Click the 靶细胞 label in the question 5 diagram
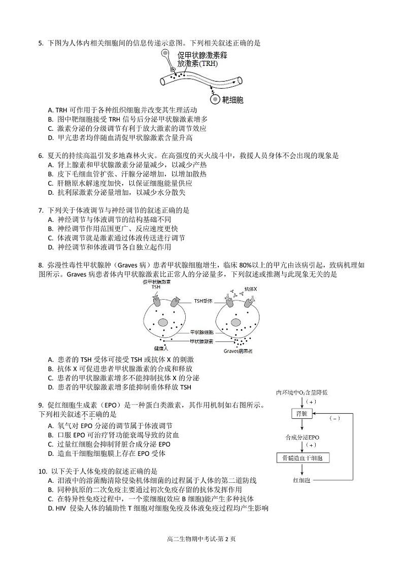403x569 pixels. (x=233, y=99)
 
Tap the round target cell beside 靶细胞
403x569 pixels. (x=215, y=99)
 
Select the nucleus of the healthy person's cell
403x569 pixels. (x=162, y=322)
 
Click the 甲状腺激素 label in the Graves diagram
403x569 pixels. (x=201, y=341)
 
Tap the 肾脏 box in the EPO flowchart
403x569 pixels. (x=301, y=414)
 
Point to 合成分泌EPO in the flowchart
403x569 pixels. (x=302, y=437)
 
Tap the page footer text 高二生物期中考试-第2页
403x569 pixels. (x=201, y=539)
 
